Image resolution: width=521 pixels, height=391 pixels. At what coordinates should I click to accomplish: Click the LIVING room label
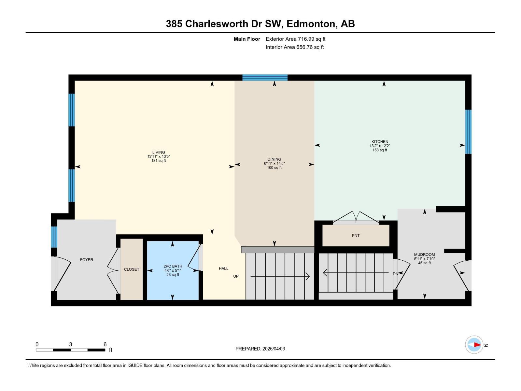pyautogui.click(x=159, y=152)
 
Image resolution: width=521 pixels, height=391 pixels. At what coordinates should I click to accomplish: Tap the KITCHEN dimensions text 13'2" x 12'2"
pyautogui.click(x=380, y=146)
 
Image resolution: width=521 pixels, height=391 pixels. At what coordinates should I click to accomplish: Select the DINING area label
pyautogui.click(x=274, y=159)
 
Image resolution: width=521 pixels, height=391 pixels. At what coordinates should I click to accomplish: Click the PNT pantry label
pyautogui.click(x=356, y=236)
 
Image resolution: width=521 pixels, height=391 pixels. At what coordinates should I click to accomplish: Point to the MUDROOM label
pyautogui.click(x=424, y=254)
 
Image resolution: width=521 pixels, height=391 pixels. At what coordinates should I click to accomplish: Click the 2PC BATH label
pyautogui.click(x=173, y=266)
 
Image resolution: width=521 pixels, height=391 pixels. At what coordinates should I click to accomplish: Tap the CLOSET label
pyautogui.click(x=132, y=269)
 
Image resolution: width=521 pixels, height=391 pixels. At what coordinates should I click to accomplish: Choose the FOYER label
pyautogui.click(x=87, y=260)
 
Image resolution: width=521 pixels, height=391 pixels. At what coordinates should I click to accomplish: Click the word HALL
pyautogui.click(x=223, y=268)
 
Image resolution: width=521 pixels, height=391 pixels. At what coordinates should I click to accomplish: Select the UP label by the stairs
pyautogui.click(x=236, y=276)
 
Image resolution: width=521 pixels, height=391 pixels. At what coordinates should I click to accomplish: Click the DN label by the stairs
pyautogui.click(x=395, y=274)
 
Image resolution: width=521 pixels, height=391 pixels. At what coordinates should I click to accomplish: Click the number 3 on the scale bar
pyautogui.click(x=70, y=344)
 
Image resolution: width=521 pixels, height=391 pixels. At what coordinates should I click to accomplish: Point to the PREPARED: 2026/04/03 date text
pyautogui.click(x=260, y=349)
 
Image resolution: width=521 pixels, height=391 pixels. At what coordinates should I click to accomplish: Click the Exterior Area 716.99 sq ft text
pyautogui.click(x=295, y=39)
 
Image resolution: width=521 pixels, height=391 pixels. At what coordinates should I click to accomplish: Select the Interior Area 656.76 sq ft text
pyautogui.click(x=295, y=47)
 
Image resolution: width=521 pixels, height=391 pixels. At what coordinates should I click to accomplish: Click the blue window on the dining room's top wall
pyautogui.click(x=265, y=78)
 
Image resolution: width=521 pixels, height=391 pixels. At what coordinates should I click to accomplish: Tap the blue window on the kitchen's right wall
pyautogui.click(x=468, y=132)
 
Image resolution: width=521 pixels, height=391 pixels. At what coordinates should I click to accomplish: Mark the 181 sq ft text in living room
pyautogui.click(x=159, y=161)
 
